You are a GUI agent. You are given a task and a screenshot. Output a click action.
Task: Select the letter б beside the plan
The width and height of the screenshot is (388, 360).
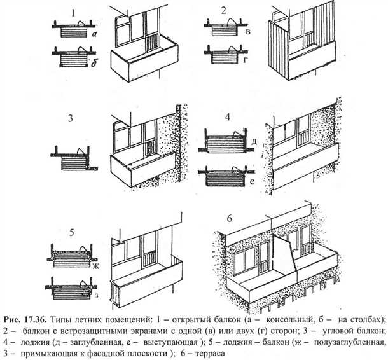pyautogui.click(x=94, y=62)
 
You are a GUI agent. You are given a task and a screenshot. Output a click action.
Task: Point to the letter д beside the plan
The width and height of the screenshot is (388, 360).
pyautogui.click(x=254, y=141)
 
